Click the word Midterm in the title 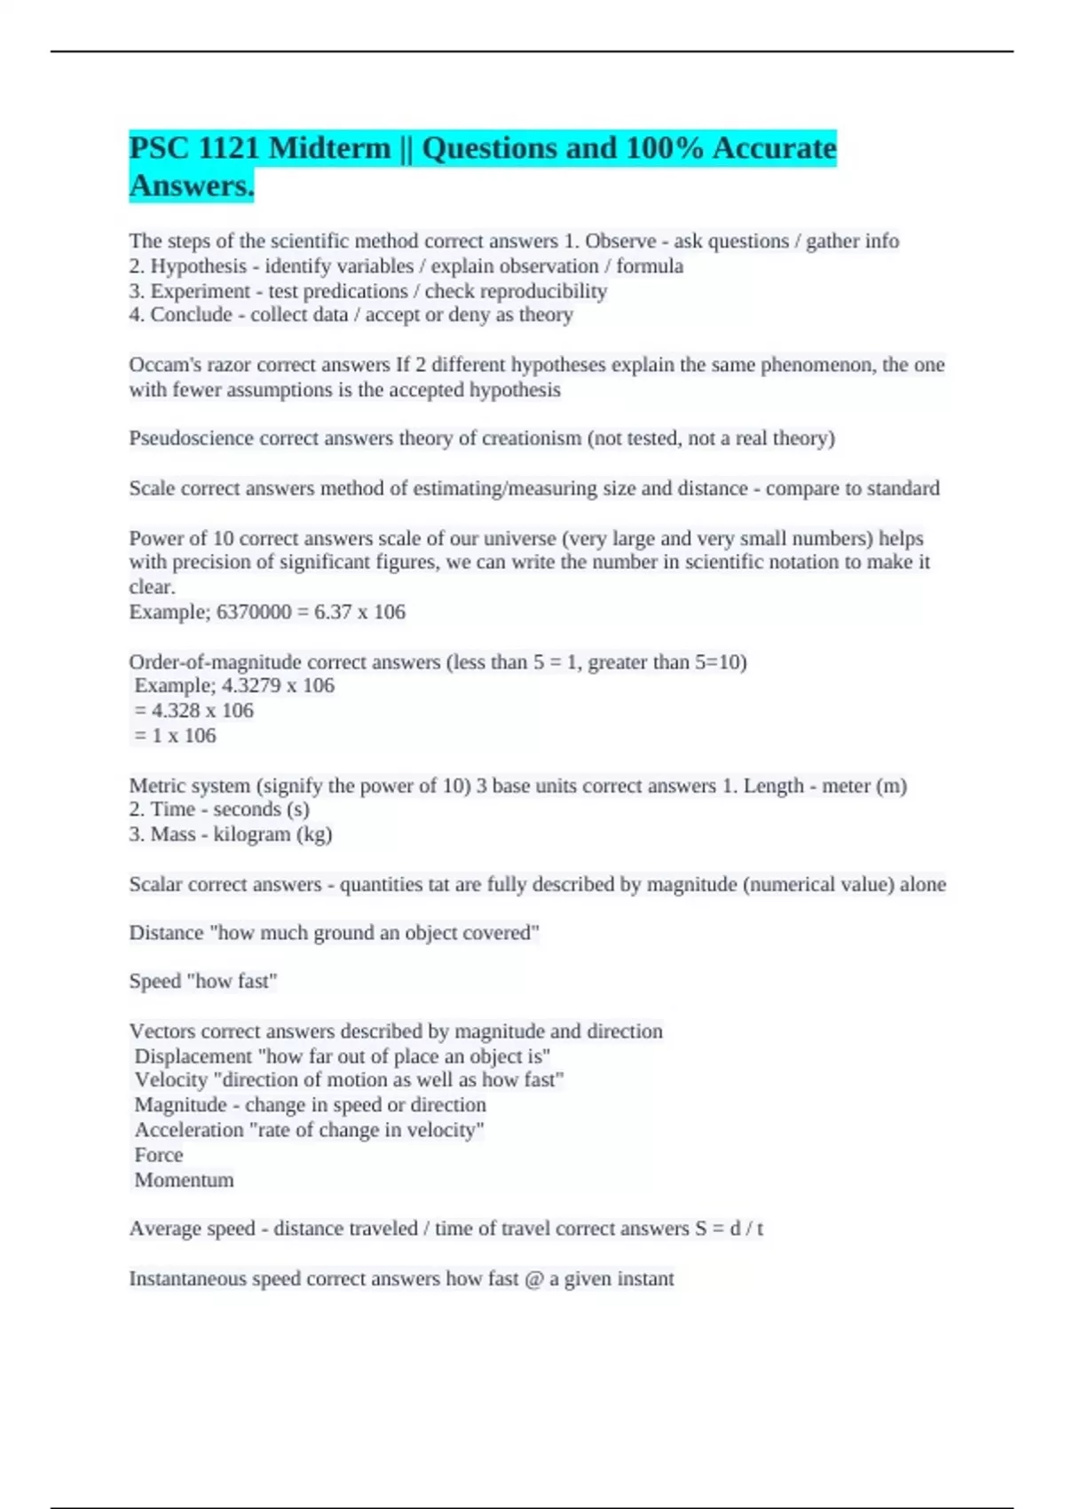[329, 147]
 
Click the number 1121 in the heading [228, 147]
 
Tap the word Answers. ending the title [192, 186]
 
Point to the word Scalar [155, 884]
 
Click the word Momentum [184, 1180]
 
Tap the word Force [159, 1155]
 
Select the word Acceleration [188, 1130]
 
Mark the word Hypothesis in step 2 [198, 266]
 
